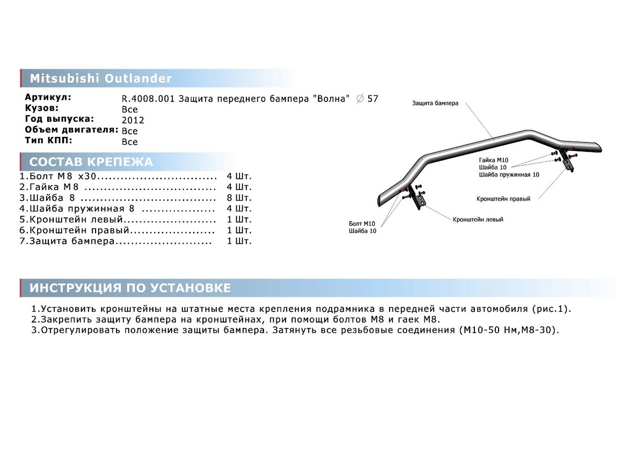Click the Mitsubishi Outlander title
100,78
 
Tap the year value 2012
133,120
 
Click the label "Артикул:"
48,98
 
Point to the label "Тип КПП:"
49,141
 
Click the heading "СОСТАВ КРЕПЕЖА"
91,162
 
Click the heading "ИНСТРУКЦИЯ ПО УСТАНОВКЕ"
130,288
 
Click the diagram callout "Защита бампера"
435,103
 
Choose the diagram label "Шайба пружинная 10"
509,174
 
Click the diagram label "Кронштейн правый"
503,199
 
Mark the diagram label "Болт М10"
362,223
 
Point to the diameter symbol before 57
360,98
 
